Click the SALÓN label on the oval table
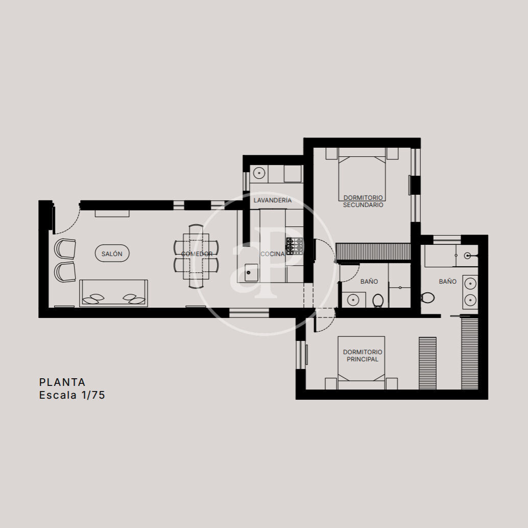(x=112, y=254)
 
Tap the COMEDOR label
(x=197, y=254)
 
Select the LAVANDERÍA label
(x=272, y=200)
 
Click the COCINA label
(x=272, y=254)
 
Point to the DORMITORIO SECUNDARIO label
(x=363, y=201)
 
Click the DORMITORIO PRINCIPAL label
(x=363, y=356)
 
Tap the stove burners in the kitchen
(x=295, y=246)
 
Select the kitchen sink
(x=251, y=273)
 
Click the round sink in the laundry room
(x=259, y=173)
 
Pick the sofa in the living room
(x=113, y=293)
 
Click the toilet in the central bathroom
(x=378, y=300)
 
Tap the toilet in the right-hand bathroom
(x=427, y=297)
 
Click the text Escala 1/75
(x=72, y=395)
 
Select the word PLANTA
(x=62, y=382)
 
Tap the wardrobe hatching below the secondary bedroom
(x=373, y=252)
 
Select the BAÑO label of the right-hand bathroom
(x=447, y=282)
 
